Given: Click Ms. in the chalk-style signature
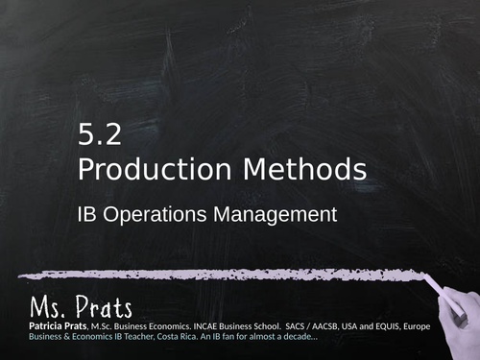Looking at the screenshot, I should pyautogui.click(x=49, y=309).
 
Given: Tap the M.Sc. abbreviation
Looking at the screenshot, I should pyautogui.click(x=106, y=327).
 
